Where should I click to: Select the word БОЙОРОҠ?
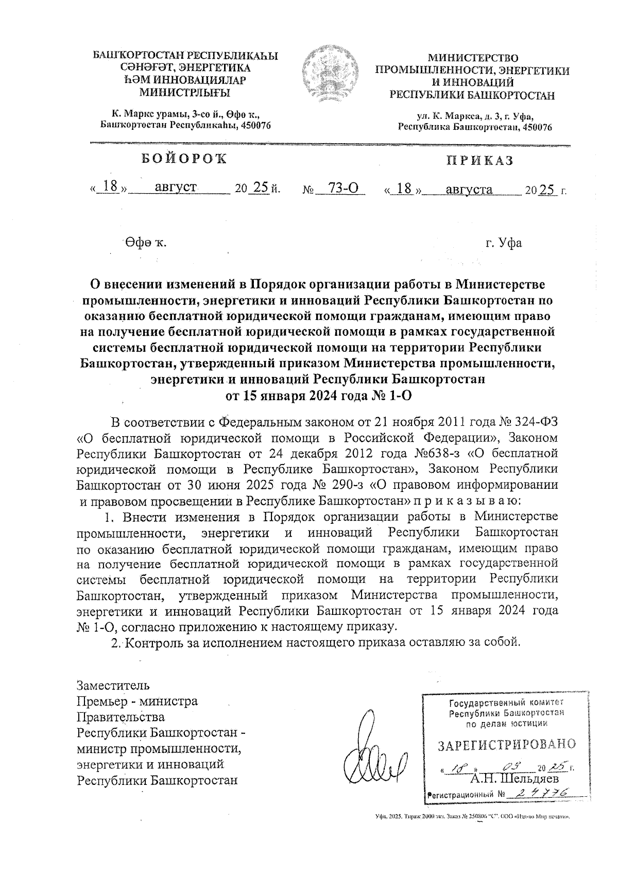tap(184, 159)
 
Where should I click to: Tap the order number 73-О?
tap(344, 188)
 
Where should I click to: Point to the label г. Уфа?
tap(503, 243)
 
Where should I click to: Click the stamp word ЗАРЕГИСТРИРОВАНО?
tap(506, 745)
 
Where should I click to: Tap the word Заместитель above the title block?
tap(113, 686)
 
